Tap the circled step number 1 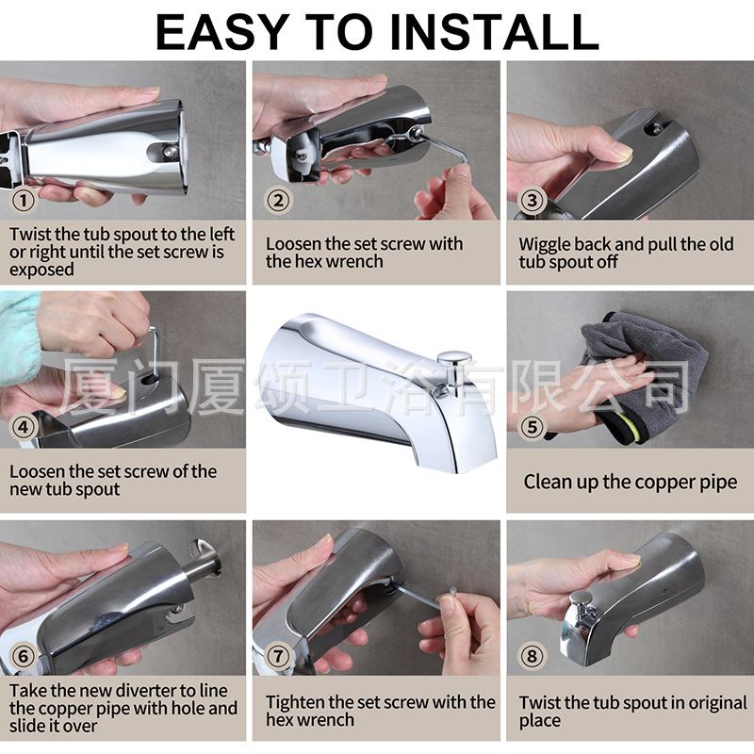23,200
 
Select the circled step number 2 278,200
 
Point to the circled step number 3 532,200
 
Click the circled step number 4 23,427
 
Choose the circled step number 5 532,427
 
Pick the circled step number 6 23,656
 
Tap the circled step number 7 278,656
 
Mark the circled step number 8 532,656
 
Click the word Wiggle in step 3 545,245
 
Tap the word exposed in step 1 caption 41,270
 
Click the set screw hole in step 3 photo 655,127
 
